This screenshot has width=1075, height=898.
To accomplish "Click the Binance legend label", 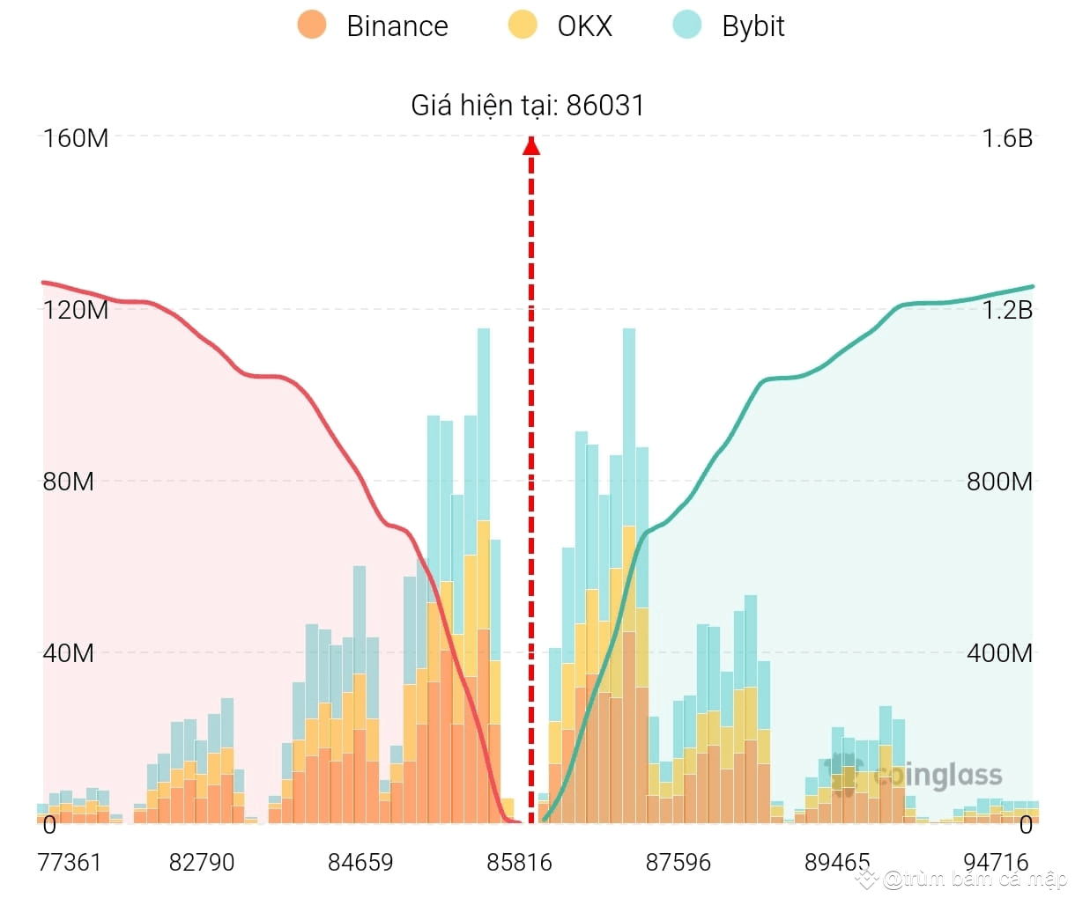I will tap(397, 26).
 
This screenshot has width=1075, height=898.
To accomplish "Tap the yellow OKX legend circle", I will tap(523, 25).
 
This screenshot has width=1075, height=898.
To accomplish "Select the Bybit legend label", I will tap(752, 26).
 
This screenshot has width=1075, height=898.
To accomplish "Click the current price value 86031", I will tap(605, 106).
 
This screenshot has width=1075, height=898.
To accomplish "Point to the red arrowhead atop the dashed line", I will tap(531, 145).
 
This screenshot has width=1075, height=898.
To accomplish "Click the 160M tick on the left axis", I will tap(76, 138).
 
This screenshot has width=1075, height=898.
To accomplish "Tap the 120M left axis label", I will tap(76, 310).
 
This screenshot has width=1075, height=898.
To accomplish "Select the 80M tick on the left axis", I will tap(69, 482).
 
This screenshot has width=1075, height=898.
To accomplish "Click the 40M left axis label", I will tap(69, 653).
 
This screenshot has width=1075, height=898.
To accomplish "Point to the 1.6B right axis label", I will tap(1007, 138).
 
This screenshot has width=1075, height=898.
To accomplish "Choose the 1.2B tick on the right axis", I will tap(1007, 310).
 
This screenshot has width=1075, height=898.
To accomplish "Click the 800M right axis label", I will tap(999, 482).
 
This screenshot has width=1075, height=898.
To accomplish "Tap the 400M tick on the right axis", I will tap(999, 653).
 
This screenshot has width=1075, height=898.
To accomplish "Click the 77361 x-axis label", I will tap(70, 862).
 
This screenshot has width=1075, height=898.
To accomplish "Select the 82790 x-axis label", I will tap(202, 862).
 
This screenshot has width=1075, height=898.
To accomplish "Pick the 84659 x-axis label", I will tap(360, 862).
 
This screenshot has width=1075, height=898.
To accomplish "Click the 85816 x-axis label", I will tap(520, 862).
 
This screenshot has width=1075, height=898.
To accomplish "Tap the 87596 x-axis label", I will tap(678, 862).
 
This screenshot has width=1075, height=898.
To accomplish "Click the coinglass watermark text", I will tap(938, 776).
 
